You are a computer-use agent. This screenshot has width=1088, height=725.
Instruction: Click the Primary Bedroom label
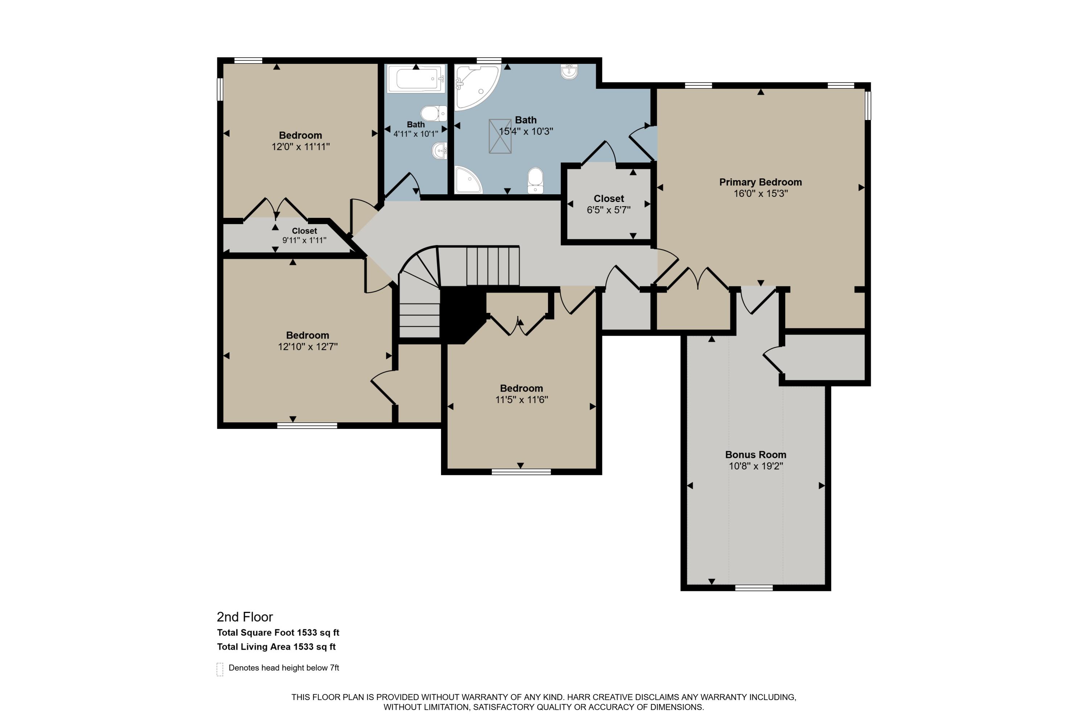[760, 182]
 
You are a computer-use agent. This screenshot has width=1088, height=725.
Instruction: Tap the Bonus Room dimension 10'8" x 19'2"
[755, 466]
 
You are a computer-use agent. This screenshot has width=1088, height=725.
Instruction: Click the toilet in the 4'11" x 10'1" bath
[433, 113]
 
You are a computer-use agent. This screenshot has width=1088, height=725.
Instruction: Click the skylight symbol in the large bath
[500, 136]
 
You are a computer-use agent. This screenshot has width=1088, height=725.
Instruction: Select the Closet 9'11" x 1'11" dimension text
[304, 240]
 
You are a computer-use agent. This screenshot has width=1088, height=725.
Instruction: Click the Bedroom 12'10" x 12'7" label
[307, 336]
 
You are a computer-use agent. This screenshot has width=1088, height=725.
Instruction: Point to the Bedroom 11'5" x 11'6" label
[522, 388]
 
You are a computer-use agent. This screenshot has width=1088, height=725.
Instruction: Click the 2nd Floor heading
[245, 617]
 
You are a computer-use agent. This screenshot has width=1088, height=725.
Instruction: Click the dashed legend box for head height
[220, 669]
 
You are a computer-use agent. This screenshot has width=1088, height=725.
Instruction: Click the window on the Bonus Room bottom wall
[754, 588]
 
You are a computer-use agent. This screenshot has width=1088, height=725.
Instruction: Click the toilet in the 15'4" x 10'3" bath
[535, 180]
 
